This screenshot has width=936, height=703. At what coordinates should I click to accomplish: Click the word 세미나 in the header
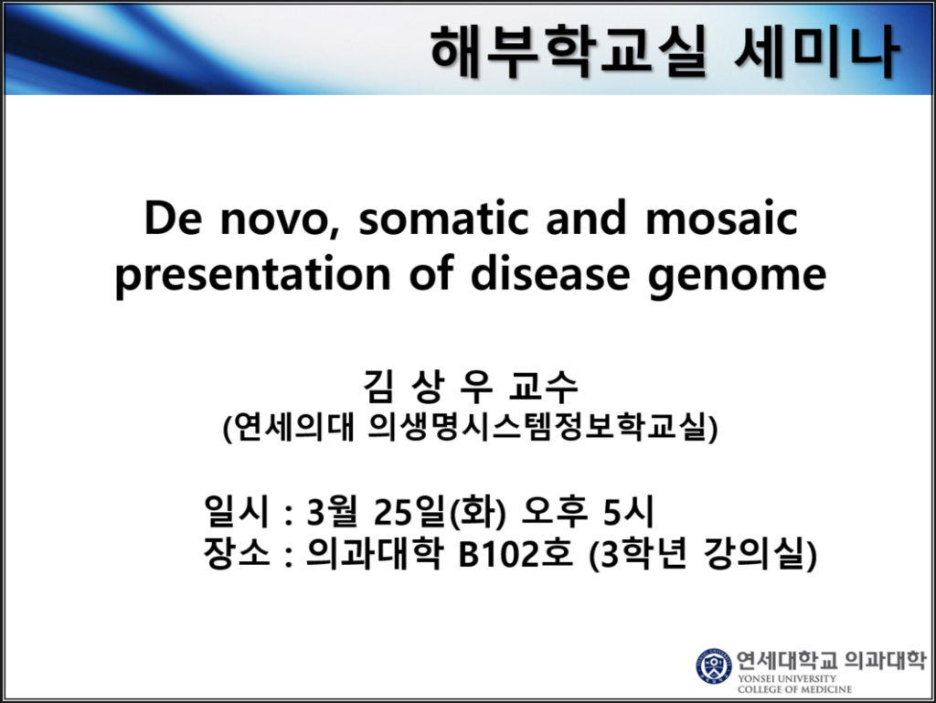816,51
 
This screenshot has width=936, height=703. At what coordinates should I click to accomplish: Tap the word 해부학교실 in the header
569,51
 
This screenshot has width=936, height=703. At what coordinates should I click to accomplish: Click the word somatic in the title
443,218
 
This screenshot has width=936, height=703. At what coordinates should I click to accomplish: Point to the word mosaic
722,218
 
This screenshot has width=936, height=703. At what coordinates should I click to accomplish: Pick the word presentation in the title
252,274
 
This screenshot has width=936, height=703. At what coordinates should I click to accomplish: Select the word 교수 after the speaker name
543,386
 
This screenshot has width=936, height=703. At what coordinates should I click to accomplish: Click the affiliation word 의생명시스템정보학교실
543,427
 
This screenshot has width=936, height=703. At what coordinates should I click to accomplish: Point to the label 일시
237,511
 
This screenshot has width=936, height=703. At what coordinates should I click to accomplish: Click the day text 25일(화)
440,512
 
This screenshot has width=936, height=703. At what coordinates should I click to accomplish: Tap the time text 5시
628,511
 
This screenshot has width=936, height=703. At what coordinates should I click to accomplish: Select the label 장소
237,553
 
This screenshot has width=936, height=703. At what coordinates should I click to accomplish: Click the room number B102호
516,553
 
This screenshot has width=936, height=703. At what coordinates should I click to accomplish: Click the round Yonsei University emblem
714,666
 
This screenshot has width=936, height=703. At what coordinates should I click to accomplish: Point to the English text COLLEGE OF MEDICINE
794,689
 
